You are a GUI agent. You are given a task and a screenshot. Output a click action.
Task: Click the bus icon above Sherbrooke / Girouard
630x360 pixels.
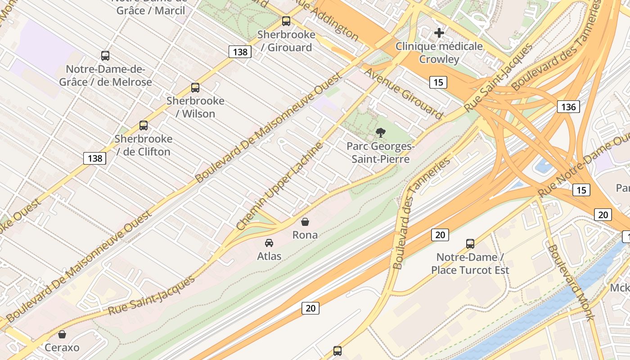[x=286, y=21]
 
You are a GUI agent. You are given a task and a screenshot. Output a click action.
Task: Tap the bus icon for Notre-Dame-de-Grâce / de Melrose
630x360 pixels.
[x=105, y=56]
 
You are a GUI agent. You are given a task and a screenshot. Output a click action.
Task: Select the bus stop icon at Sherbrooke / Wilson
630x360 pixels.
[x=195, y=88]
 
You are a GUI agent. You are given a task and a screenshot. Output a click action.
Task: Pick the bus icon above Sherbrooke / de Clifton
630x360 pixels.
[x=144, y=126]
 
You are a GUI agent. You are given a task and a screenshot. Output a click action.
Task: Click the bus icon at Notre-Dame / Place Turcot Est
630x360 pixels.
[x=470, y=244]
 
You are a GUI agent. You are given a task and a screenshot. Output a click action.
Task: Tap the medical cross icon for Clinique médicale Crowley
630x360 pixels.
[x=439, y=33]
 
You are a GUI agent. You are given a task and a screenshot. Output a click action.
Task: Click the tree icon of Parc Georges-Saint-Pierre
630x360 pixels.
[x=381, y=133]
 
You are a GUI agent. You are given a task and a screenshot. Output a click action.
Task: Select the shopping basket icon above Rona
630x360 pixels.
[x=305, y=222]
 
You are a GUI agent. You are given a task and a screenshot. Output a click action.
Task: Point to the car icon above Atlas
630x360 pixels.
[x=269, y=243]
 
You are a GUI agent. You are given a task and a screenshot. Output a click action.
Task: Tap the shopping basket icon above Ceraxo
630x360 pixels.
[x=62, y=334]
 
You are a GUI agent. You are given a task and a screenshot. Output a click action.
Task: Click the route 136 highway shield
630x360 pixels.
[x=568, y=107]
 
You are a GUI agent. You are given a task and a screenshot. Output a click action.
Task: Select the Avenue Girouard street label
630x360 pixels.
[x=403, y=94]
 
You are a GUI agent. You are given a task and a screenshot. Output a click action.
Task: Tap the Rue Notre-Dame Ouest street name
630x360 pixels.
[x=585, y=167]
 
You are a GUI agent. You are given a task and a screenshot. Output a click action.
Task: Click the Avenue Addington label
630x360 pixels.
[x=326, y=20]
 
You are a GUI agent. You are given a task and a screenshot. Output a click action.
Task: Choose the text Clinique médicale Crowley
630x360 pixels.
[x=439, y=53]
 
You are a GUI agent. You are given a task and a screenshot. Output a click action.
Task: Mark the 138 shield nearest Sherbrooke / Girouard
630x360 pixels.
[x=240, y=52]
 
